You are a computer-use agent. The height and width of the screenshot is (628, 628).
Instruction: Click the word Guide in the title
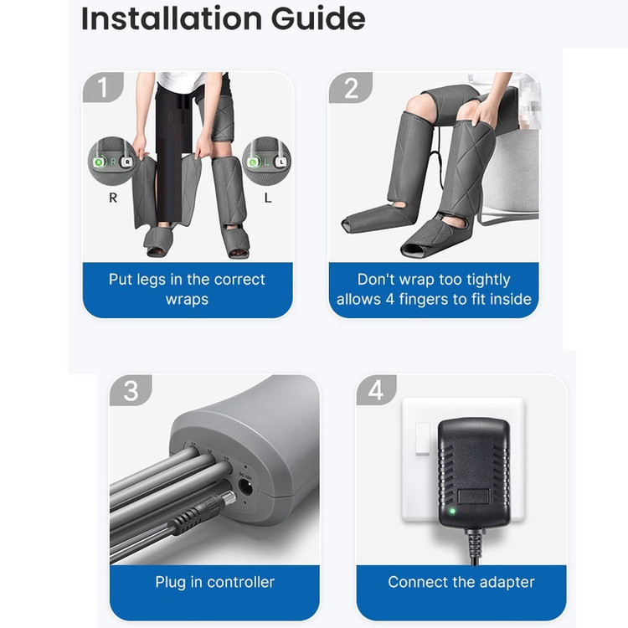pos(318,18)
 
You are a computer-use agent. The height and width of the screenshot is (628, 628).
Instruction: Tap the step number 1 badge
pos(102,87)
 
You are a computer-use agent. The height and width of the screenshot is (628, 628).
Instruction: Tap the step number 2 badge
pos(351,88)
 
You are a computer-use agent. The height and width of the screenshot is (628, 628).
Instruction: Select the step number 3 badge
pos(131,390)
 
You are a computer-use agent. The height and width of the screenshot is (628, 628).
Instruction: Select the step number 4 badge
pos(376,390)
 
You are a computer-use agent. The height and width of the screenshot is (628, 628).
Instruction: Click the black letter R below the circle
pos(113,198)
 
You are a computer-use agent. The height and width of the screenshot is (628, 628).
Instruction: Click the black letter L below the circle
pos(268,197)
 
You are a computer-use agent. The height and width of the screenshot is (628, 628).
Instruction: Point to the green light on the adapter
pos(452,511)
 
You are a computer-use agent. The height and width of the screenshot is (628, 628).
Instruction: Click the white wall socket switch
pos(423,439)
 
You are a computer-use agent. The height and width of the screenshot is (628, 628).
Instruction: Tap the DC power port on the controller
pos(245,487)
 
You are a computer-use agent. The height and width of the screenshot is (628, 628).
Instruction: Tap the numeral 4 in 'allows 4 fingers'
pos(390,300)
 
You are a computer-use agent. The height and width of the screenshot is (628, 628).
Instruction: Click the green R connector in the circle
pos(99,162)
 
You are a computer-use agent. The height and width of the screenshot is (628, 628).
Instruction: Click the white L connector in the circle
pos(281,162)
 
